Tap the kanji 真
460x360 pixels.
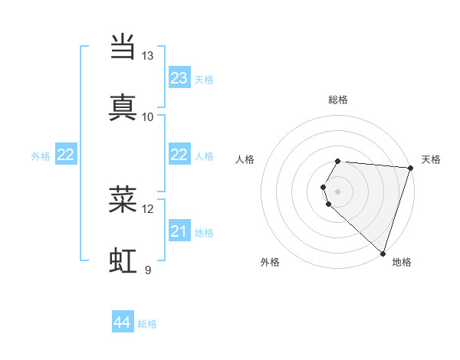[x=123, y=107]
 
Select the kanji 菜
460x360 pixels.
[x=123, y=199]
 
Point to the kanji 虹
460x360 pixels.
[x=123, y=260]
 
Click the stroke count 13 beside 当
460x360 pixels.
[x=148, y=56]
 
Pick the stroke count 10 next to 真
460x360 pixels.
[x=148, y=116]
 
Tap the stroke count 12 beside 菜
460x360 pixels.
[x=148, y=208]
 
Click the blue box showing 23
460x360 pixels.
[x=179, y=78]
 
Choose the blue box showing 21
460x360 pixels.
[x=179, y=231]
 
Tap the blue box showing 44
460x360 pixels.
[x=123, y=323]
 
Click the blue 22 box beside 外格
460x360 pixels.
[x=66, y=155]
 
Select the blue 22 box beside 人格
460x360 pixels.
[x=179, y=155]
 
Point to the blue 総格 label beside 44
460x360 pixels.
[x=147, y=324]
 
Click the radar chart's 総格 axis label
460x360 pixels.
[x=338, y=100]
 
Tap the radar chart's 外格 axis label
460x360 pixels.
[x=270, y=262]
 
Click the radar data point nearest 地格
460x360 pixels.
[x=383, y=254]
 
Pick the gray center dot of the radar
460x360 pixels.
[x=338, y=191]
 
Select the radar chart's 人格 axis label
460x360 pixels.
[x=245, y=159]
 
